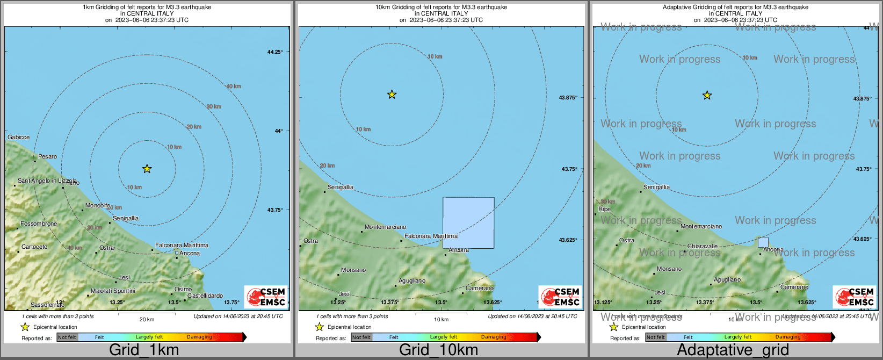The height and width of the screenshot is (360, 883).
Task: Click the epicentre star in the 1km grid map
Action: click(x=147, y=169)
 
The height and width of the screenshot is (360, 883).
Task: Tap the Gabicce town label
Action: click(x=19, y=138)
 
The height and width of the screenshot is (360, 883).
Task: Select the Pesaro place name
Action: click(x=47, y=157)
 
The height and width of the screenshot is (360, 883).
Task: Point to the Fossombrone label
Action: click(x=39, y=224)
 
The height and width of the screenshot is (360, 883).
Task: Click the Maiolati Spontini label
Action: click(x=113, y=291)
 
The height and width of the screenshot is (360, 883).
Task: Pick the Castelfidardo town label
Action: click(x=205, y=296)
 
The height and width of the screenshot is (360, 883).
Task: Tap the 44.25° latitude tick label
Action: click(x=275, y=52)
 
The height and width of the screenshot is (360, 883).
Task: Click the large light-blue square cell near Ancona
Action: click(x=468, y=223)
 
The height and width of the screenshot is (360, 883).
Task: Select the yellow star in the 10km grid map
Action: click(x=392, y=95)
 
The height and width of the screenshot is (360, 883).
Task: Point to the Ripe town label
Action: click(x=604, y=210)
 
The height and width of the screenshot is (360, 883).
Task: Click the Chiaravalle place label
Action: click(x=703, y=247)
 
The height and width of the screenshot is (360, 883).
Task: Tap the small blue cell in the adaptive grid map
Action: click(x=763, y=242)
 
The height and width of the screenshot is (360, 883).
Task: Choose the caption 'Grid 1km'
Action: click(x=144, y=350)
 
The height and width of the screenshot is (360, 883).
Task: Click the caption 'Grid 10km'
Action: click(x=438, y=350)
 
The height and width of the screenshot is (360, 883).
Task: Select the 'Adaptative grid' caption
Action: click(x=733, y=350)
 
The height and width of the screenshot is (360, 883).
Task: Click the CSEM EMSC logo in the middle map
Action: click(x=560, y=297)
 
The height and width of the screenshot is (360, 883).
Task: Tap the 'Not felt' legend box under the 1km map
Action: click(x=67, y=337)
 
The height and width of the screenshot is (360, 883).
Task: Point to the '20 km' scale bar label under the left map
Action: click(x=147, y=320)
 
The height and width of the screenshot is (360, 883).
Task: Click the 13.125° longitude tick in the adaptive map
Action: click(x=603, y=303)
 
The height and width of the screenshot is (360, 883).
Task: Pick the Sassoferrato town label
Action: click(x=47, y=305)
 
